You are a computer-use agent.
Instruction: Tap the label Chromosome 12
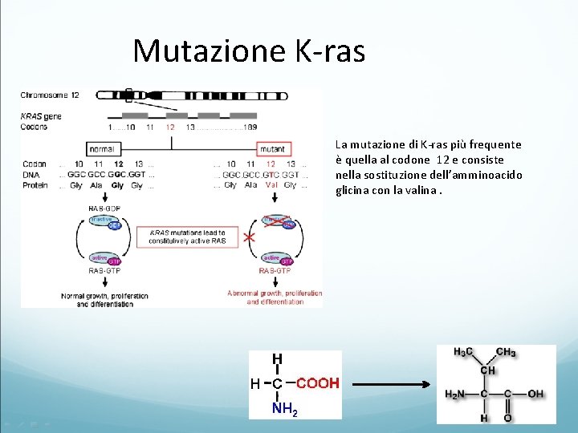[x=51, y=95]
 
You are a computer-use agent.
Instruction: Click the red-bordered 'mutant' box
[x=274, y=149]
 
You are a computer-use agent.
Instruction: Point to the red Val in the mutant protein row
[x=272, y=185]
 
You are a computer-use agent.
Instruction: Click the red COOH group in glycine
[x=318, y=383]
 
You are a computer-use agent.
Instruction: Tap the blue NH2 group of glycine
[x=285, y=410]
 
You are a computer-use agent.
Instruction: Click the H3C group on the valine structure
[x=463, y=352]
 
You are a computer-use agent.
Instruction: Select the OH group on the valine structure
[x=535, y=394]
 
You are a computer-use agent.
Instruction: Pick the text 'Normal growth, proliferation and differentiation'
[x=105, y=300]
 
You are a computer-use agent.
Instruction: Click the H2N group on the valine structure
[x=455, y=394]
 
